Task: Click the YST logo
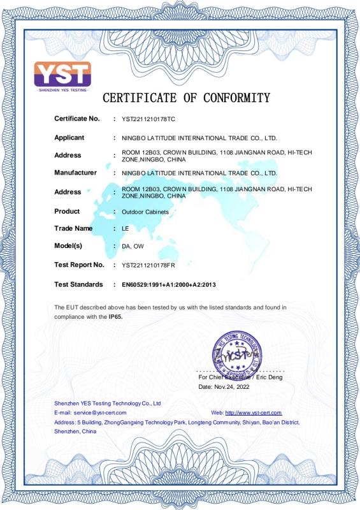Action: pyautogui.click(x=62, y=76)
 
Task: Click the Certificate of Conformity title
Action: pyautogui.click(x=186, y=98)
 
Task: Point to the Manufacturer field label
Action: pyautogui.click(x=75, y=173)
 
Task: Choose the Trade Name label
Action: pyautogui.click(x=73, y=228)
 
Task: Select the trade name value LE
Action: pyautogui.click(x=125, y=229)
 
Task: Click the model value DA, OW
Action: pyautogui.click(x=133, y=246)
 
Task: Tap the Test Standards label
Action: pyautogui.click(x=78, y=284)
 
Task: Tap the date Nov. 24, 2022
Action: pyautogui.click(x=233, y=387)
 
